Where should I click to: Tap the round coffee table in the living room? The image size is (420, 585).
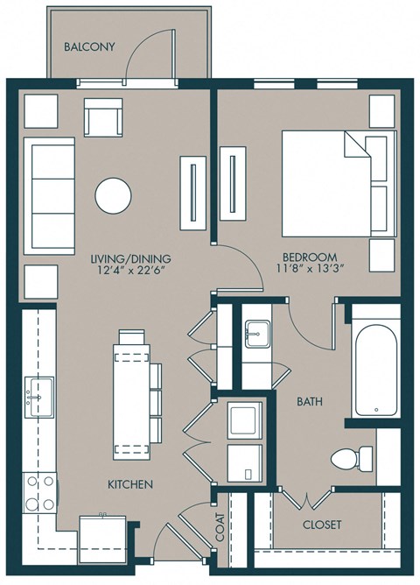(x=114, y=196)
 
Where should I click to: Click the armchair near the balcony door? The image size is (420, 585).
(x=103, y=116)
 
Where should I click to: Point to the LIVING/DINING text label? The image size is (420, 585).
(x=130, y=259)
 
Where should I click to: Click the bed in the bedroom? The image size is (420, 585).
(x=337, y=183)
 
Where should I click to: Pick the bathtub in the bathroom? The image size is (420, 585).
(x=374, y=361)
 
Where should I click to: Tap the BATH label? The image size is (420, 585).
(x=309, y=402)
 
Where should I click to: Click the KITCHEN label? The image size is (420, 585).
(x=131, y=484)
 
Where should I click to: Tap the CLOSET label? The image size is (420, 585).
(x=321, y=525)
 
